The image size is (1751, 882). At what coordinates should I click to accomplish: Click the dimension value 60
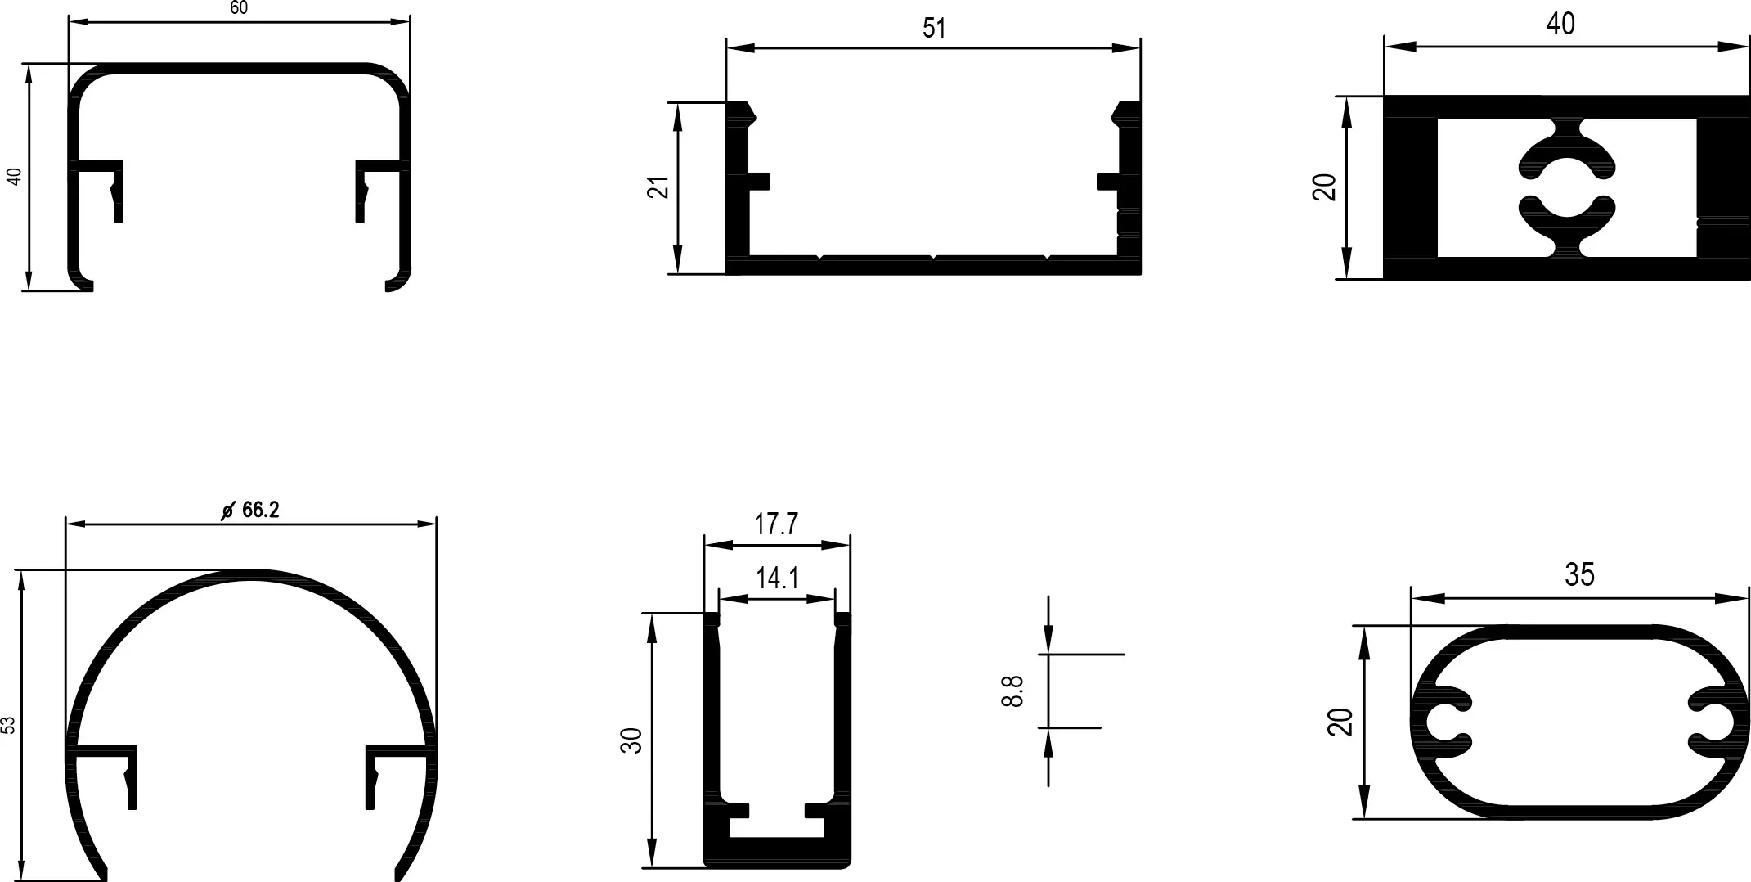[239, 8]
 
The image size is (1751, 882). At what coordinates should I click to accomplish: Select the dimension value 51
[934, 29]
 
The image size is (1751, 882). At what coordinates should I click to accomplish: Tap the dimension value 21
[658, 187]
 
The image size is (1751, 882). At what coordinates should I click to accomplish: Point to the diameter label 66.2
[261, 510]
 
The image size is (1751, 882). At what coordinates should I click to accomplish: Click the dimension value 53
[8, 726]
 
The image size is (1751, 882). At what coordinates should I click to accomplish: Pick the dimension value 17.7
[776, 524]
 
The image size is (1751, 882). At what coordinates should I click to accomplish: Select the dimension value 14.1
[777, 578]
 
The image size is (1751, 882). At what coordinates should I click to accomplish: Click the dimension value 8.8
[1012, 691]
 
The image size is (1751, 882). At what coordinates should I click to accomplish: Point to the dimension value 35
[1579, 575]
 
